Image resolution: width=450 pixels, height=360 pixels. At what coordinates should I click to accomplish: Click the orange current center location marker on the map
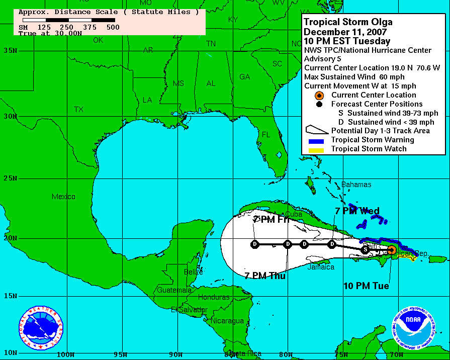pos(392,249)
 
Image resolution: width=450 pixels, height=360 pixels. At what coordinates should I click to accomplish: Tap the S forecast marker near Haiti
pos(365,249)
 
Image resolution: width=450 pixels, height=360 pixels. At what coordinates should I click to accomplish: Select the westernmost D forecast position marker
pos(255,244)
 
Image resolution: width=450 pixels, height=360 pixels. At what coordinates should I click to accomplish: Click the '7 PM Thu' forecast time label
pos(265,276)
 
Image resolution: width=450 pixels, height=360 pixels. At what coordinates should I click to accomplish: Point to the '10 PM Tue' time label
pos(366,286)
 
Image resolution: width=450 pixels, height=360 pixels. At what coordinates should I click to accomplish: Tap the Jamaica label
pos(321,267)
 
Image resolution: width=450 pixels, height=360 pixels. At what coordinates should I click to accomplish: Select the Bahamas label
pos(356,185)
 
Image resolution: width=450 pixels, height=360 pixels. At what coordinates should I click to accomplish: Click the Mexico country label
pos(63,197)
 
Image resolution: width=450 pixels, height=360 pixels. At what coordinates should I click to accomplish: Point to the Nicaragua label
pos(227,320)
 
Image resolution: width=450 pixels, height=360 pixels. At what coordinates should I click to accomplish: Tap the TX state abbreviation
pos(78,109)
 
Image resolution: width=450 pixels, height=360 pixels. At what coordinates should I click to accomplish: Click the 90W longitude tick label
pos(175,354)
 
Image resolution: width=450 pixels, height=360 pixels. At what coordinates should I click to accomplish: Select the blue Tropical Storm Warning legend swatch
pos(316,140)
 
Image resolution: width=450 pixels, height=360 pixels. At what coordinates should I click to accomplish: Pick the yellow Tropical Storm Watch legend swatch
pos(316,149)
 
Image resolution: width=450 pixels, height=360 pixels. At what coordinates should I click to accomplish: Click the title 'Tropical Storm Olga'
pos(348,22)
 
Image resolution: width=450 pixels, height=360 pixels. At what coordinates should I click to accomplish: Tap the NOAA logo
pos(414,328)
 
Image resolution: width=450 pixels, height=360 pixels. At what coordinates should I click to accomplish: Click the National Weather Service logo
pos(41,328)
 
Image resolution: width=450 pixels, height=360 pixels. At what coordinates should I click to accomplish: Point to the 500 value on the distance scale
pos(113,27)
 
